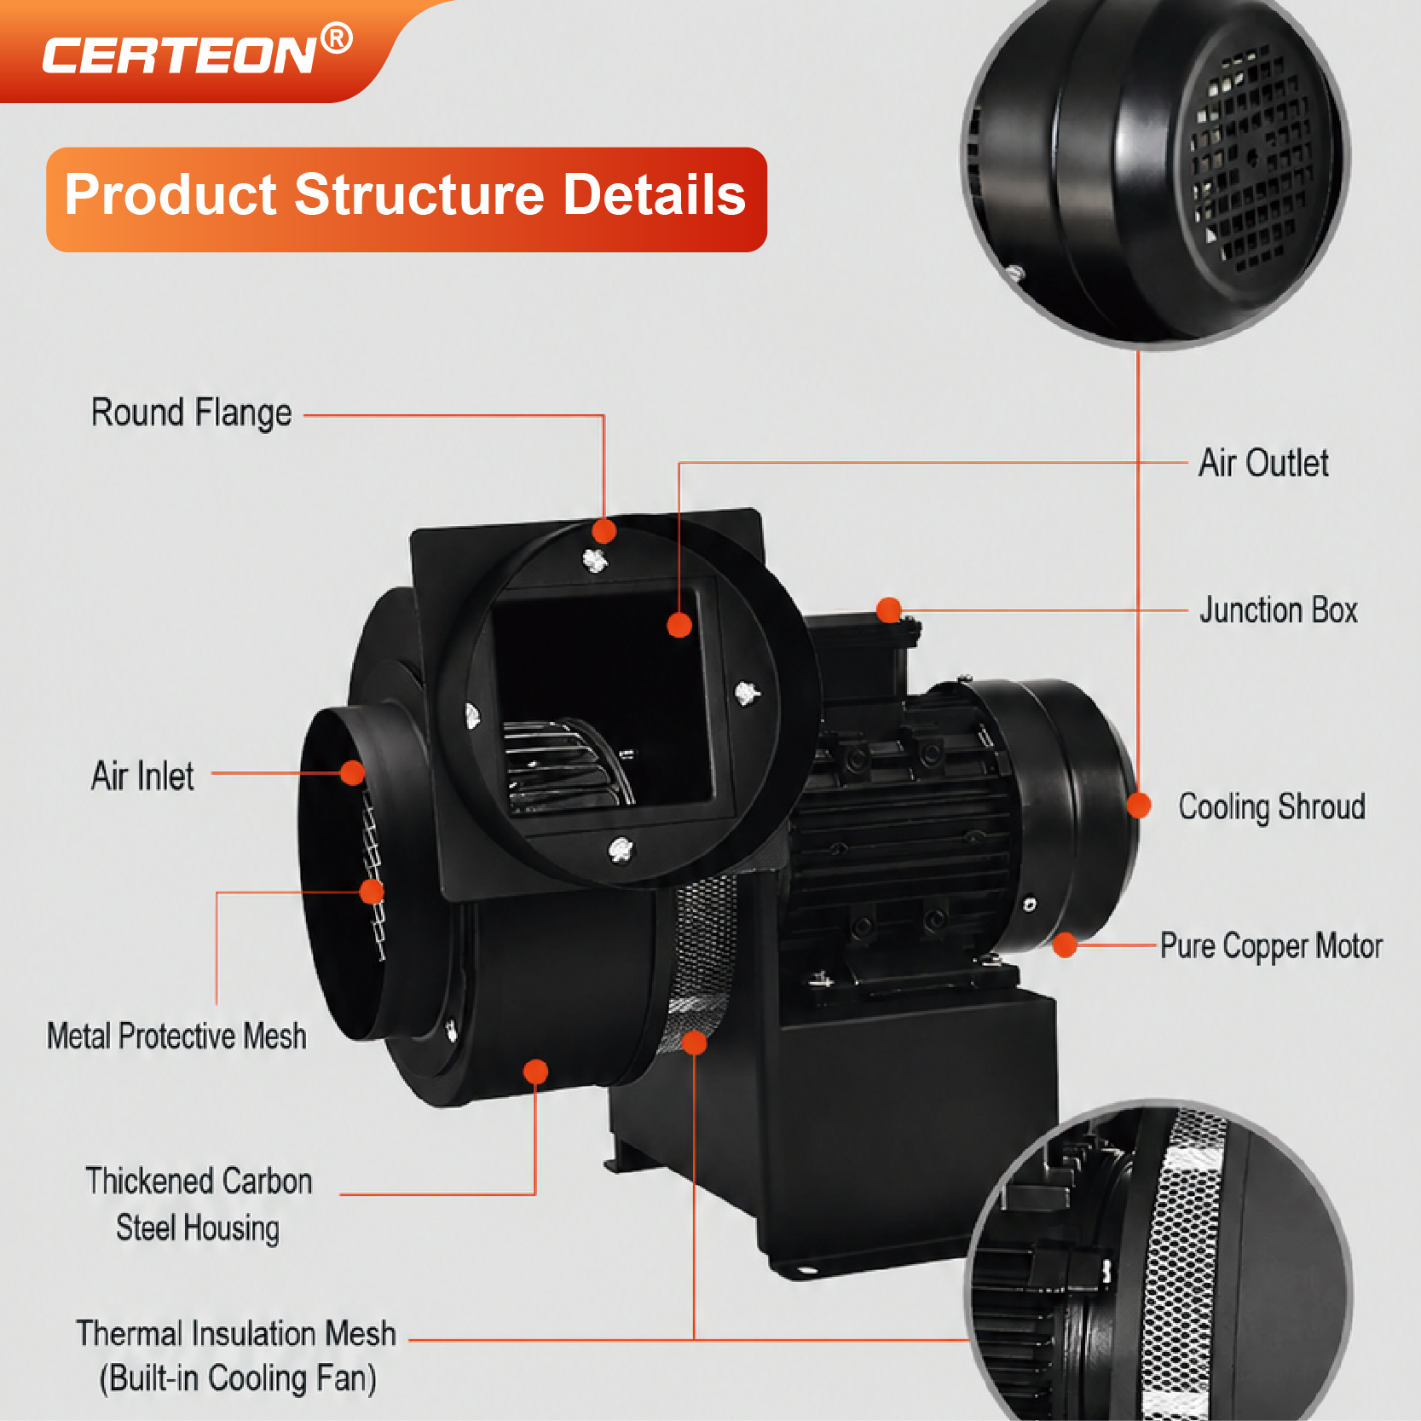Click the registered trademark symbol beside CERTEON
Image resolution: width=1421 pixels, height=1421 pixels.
(337, 38)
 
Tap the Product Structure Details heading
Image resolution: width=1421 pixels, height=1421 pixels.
(406, 194)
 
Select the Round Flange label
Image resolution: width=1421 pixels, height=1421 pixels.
(192, 413)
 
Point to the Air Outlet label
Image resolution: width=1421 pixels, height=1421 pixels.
(1263, 464)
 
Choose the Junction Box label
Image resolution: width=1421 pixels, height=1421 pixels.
(1279, 610)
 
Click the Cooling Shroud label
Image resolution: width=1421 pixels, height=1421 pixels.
(1272, 806)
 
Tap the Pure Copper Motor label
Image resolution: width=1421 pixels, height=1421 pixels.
(1271, 947)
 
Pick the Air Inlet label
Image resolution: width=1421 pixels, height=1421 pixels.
(142, 777)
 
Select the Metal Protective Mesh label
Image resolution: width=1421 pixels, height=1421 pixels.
(176, 1037)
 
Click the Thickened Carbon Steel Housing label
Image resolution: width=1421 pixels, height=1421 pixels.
(199, 1204)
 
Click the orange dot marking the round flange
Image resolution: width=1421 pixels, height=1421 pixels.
(604, 531)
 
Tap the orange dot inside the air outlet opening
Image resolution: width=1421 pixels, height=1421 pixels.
(679, 626)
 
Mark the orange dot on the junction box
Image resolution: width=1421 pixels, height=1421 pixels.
(889, 609)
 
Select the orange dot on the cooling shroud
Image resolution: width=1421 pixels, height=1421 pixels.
(1139, 806)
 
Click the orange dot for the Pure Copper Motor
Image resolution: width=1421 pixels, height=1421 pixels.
(1065, 945)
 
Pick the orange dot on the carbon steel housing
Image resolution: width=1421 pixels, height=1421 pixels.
(536, 1072)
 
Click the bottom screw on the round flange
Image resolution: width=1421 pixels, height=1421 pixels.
(621, 849)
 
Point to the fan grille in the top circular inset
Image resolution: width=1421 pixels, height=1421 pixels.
(1250, 162)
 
